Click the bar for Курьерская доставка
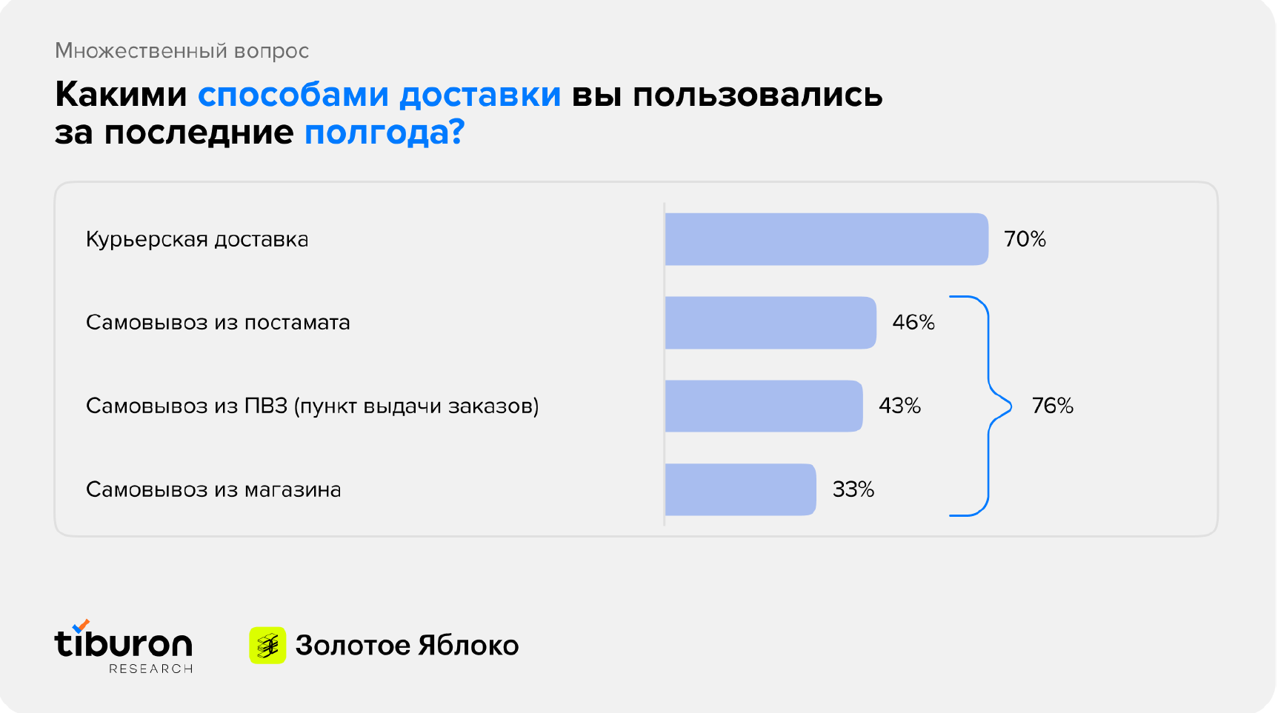coord(827,239)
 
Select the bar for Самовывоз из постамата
coord(771,323)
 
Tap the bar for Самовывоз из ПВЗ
coord(764,406)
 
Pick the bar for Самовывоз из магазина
coord(741,489)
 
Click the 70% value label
coord(1025,239)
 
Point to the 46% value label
coord(913,323)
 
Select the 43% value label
coord(899,406)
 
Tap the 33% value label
coord(853,489)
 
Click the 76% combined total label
coord(1053,406)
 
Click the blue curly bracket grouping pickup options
coord(989,370)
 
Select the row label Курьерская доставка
coord(197,240)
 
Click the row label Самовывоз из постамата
coord(218,323)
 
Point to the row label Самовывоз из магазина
coord(213,489)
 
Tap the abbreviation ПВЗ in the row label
coord(266,406)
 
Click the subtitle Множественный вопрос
coord(182,50)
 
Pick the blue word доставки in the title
coord(480,95)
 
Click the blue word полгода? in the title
coord(385,133)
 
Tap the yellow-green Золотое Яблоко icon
coord(267,646)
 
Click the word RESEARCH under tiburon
coord(151,669)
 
